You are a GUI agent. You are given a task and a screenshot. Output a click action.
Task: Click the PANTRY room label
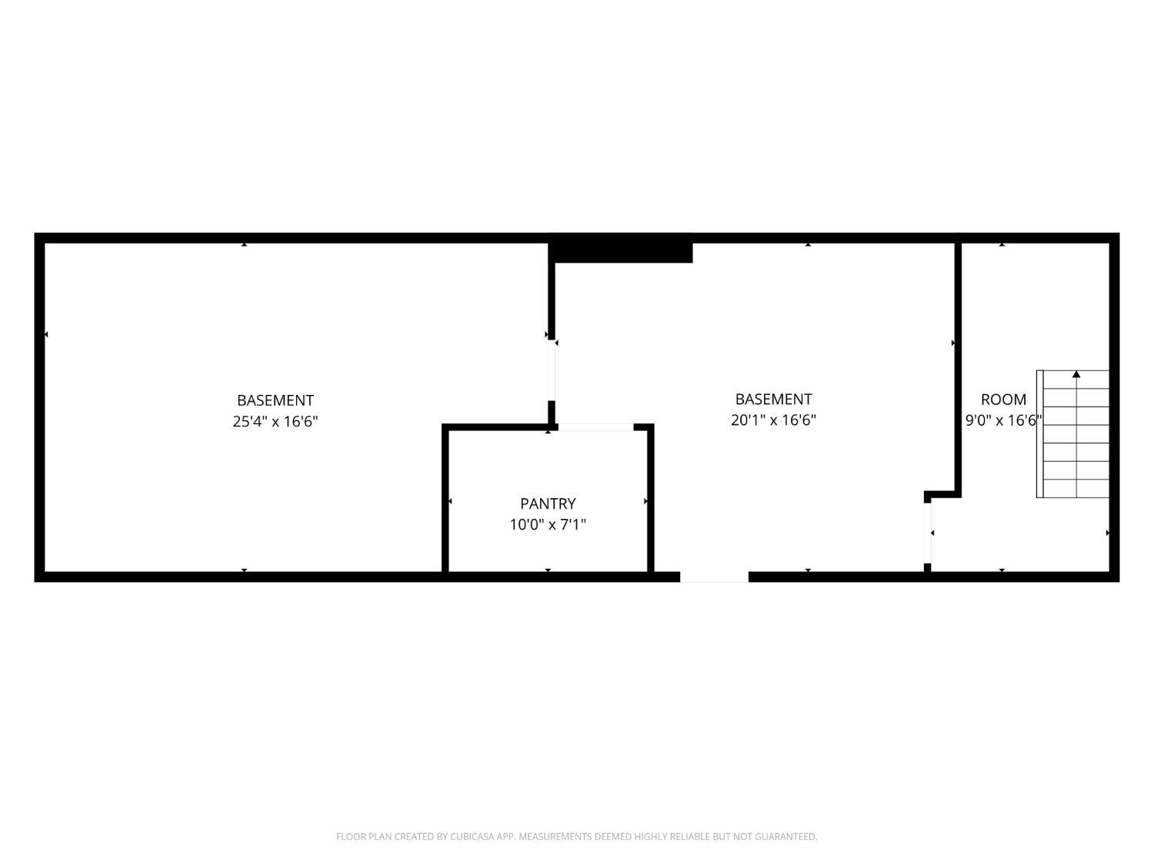click(x=548, y=503)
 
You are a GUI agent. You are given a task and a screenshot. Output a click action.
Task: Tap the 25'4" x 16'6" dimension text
click(x=275, y=422)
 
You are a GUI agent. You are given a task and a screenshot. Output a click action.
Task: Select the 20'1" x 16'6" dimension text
click(x=773, y=420)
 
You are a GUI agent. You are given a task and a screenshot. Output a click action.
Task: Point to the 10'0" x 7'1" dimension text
click(x=548, y=525)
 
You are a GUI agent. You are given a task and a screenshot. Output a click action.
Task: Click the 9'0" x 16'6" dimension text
click(x=1004, y=420)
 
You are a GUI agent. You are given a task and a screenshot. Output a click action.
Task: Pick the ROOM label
click(x=1004, y=400)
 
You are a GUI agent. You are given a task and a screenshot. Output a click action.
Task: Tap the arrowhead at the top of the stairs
click(x=1076, y=374)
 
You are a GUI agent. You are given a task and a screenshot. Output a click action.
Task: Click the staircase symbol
click(x=1072, y=434)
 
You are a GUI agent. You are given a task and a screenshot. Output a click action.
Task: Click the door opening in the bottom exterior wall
click(x=714, y=577)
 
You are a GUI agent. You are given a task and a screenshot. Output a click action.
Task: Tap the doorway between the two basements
click(x=552, y=370)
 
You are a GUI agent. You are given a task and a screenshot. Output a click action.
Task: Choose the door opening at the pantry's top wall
click(x=595, y=427)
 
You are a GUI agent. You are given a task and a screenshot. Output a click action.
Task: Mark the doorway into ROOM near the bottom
click(x=927, y=533)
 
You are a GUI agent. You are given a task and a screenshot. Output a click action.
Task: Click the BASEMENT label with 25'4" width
click(x=275, y=400)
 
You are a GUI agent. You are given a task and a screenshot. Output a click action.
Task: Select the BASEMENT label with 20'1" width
click(x=773, y=399)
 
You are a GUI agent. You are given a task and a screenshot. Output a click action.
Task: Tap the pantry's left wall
click(x=445, y=500)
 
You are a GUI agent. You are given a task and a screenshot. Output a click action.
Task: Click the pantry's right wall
click(x=650, y=500)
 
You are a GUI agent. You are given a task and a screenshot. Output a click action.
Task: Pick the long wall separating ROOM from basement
click(x=958, y=368)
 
